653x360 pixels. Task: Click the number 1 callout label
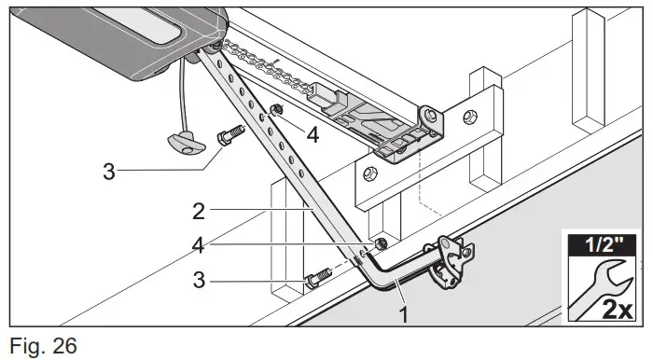pos(404,315)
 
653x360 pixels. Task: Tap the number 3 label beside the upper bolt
pos(111,173)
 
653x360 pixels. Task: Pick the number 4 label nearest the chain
pos(313,134)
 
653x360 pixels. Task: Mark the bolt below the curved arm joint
pos(317,277)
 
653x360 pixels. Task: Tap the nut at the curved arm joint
pos(380,244)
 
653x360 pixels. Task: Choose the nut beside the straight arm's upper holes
pos(275,112)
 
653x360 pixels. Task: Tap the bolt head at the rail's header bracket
pos(429,118)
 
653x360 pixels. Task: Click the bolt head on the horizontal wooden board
pos(368,173)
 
